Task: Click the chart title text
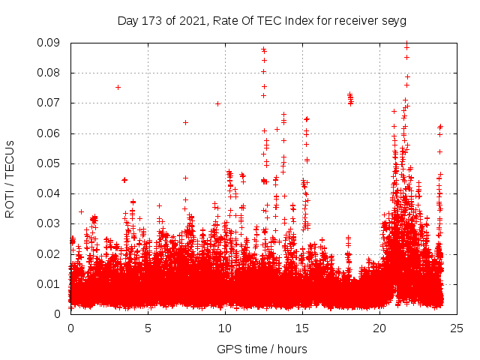(262, 20)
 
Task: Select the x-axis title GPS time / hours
(262, 349)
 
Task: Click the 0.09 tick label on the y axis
(51, 43)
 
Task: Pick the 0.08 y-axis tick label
(51, 73)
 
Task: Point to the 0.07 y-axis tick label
(51, 103)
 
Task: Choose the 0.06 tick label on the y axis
(51, 133)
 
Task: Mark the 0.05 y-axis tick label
(51, 163)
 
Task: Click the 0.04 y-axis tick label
(51, 193)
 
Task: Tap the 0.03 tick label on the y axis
(51, 223)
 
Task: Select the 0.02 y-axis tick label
(51, 253)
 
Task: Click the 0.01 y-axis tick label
(51, 283)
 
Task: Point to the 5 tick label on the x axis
(148, 328)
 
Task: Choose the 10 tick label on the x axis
(225, 328)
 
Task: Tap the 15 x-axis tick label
(302, 328)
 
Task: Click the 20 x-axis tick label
(379, 328)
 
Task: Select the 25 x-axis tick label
(457, 328)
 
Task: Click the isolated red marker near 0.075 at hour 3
(118, 87)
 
